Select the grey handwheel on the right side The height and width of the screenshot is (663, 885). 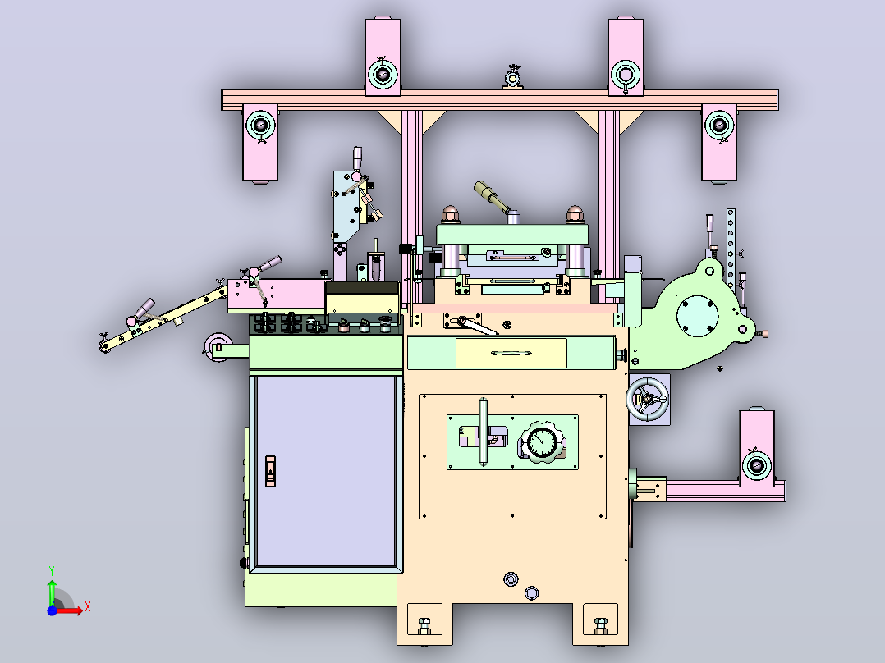[x=648, y=400]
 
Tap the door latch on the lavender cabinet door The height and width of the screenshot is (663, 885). [x=270, y=471]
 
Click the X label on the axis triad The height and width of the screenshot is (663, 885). [x=88, y=607]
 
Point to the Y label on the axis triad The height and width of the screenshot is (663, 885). [x=52, y=570]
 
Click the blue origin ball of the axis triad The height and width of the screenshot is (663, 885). [x=52, y=610]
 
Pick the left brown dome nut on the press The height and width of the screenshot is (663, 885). [x=450, y=214]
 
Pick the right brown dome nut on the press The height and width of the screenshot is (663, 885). [x=574, y=214]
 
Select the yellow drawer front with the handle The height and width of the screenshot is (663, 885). [x=511, y=353]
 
